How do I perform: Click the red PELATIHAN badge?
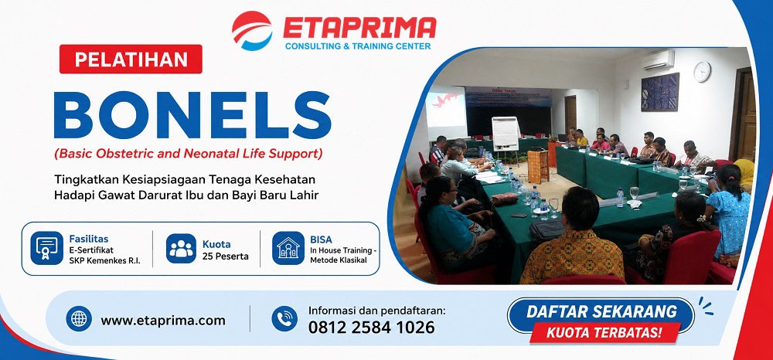coord(131,59)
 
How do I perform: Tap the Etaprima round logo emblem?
coord(252,31)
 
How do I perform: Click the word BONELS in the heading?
coord(192,114)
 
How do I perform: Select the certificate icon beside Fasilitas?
coord(47,248)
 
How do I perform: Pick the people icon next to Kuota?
coord(181,248)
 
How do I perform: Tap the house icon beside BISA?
coord(288,248)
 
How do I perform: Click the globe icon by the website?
coord(79,318)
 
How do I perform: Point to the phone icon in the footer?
coord(284,318)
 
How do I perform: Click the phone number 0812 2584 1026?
coord(372,328)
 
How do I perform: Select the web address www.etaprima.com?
coord(163,321)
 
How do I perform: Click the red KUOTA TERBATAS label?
coord(604,333)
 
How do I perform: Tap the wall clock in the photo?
coord(702,72)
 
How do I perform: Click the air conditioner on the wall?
coord(658,60)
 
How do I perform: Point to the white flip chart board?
coord(506,134)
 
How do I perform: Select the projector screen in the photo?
coord(446,113)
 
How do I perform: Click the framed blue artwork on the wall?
coord(660,92)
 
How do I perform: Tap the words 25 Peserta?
coord(225,256)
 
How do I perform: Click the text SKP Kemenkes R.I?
coord(104,261)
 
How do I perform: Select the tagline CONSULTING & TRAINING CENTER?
coord(358,46)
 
